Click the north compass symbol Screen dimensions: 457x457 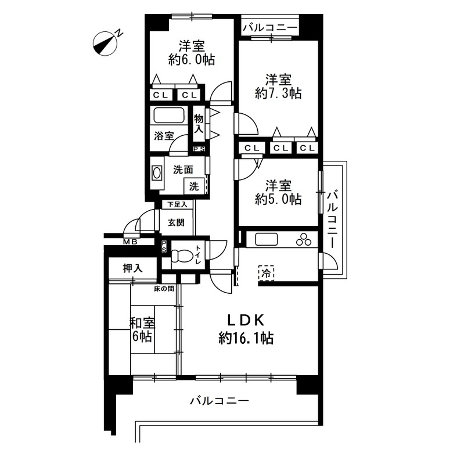coord(105,44)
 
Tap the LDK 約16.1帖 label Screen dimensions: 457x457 coord(246,330)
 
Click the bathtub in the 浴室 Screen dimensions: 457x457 coord(170,116)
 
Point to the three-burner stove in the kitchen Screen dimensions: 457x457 coord(304,240)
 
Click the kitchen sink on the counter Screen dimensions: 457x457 coord(267,240)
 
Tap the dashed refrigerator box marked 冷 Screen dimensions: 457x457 coord(266,273)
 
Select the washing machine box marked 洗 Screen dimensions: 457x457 coord(194,186)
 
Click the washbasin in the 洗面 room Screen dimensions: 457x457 coord(157,173)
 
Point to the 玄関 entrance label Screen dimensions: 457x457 coord(176,222)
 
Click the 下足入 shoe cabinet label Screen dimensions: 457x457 coord(178,204)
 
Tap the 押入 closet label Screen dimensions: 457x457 coord(132,268)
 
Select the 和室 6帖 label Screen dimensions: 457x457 coord(142,330)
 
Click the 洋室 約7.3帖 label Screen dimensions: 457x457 coord(278,87)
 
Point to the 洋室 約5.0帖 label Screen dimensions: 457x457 coord(278,192)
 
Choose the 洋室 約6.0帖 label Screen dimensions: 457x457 coord(192,53)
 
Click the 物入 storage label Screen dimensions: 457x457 coord(199,124)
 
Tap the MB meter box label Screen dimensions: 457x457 coord(130,242)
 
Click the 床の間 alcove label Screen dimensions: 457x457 coord(164,289)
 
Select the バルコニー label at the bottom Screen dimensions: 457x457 coord(219,401)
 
